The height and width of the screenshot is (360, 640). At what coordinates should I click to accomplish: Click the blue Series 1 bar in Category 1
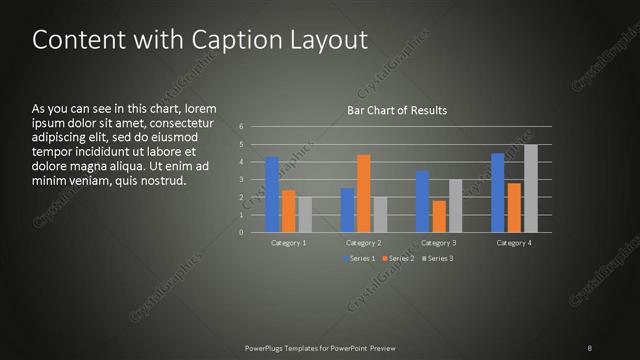[x=272, y=195]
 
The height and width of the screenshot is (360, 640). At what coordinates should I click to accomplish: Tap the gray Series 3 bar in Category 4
[x=530, y=189]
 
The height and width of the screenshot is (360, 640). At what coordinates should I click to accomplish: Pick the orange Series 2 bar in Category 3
[x=438, y=217]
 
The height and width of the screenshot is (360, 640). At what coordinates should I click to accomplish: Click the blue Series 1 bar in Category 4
[x=498, y=193]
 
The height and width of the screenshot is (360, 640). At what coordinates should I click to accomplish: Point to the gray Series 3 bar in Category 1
[x=304, y=215]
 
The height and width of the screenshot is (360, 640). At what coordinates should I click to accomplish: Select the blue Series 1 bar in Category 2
[x=347, y=210]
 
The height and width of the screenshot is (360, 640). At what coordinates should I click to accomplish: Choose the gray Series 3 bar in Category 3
[x=455, y=206]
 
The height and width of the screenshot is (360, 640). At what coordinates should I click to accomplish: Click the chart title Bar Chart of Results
[x=397, y=110]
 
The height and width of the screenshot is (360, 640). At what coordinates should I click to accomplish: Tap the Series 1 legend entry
[x=361, y=259]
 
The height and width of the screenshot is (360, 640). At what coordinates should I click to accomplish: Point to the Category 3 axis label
[x=438, y=242]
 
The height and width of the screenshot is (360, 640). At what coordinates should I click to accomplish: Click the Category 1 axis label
[x=288, y=242]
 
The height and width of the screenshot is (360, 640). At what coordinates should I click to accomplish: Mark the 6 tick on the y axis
[x=241, y=127]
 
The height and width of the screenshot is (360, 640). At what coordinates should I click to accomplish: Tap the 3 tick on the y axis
[x=241, y=180]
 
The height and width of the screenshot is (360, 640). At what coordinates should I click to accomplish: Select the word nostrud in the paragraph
[x=162, y=181]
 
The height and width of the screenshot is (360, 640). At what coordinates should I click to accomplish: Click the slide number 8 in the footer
[x=590, y=347]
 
